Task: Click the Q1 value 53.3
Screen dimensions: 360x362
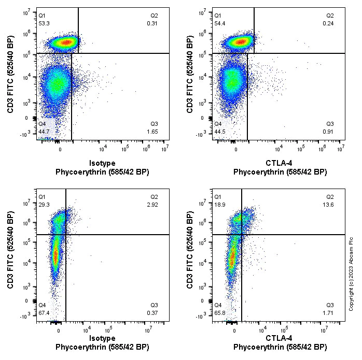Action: [x=44, y=23]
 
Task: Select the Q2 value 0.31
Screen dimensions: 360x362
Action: [x=152, y=23]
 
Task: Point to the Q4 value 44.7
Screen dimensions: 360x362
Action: [x=44, y=132]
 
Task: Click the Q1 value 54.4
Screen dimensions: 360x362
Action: [x=220, y=23]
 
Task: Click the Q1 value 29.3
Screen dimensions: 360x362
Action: [x=44, y=205]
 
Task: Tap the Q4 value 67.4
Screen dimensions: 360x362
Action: [x=44, y=313]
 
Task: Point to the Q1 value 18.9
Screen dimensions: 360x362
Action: [x=220, y=205]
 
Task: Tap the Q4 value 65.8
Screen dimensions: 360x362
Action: [x=220, y=313]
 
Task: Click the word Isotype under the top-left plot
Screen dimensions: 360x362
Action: [x=102, y=163]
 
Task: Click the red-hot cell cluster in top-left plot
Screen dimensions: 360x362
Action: [x=66, y=42]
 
